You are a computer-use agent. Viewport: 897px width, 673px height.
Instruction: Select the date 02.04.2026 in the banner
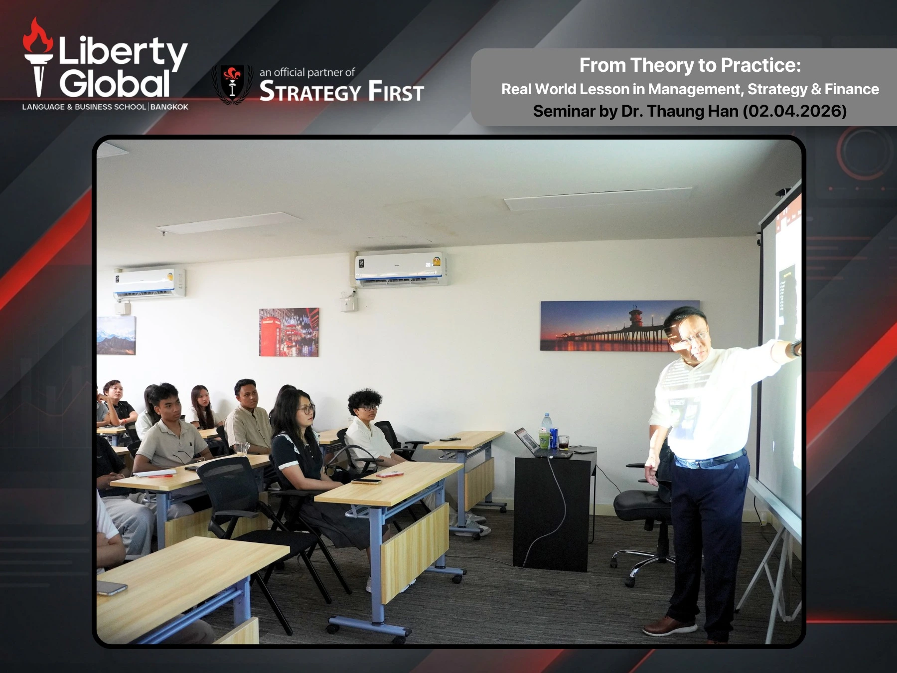pos(795,111)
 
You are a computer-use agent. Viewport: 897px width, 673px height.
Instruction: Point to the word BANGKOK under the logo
pos(169,107)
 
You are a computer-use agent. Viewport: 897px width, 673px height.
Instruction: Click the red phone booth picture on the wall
pos(289,333)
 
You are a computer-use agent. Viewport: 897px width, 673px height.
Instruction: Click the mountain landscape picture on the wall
pos(116,336)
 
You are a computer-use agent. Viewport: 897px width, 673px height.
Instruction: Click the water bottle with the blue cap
pos(547,430)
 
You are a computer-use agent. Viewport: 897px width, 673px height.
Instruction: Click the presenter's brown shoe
pos(669,626)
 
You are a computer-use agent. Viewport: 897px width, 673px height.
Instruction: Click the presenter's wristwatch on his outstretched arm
pos(795,348)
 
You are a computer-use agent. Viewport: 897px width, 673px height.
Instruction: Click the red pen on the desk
pos(160,476)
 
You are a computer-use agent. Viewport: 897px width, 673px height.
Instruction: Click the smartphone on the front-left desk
pos(112,588)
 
